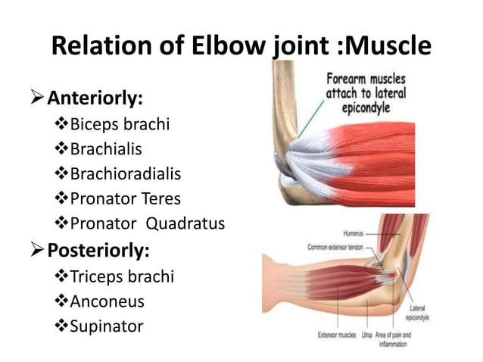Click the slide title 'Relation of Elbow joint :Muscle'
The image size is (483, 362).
241,47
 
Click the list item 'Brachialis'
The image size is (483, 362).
106,149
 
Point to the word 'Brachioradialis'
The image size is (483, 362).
126,174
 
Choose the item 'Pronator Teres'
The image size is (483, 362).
126,199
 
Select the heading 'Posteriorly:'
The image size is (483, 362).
98,249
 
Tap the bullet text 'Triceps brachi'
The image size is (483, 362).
122,276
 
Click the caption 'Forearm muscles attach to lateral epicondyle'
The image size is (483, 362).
366,92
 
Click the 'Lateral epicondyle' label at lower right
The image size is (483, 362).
417,313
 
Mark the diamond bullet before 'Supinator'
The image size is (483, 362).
62,326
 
